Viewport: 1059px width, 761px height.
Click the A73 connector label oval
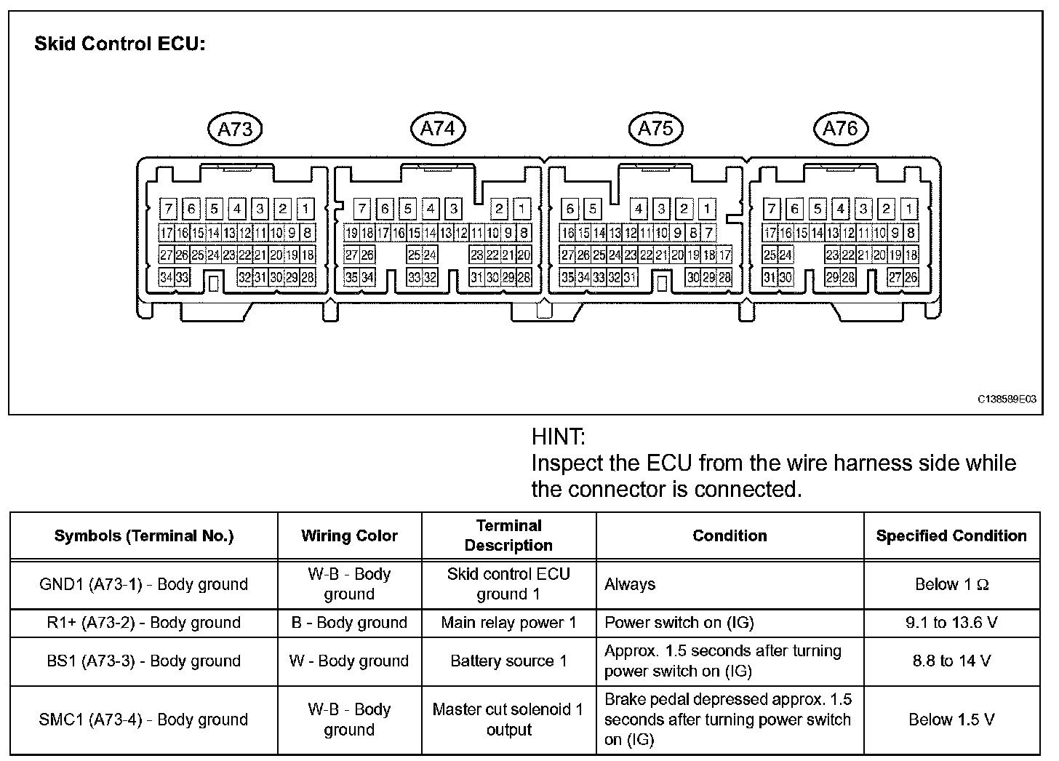234,130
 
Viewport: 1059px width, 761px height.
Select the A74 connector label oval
438,129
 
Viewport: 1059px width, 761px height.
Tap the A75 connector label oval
655,129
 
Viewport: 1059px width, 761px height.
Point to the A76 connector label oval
841,129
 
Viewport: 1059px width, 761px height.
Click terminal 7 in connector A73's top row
168,210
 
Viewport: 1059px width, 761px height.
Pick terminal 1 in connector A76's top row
908,210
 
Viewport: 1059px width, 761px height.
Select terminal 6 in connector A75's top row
570,210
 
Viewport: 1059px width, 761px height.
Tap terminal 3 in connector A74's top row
453,210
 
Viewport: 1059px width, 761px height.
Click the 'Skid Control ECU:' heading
120,44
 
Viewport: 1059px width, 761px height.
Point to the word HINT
558,437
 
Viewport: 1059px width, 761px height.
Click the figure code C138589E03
1007,399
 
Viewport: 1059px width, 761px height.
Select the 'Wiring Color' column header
349,536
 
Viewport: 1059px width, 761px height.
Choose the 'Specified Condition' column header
951,536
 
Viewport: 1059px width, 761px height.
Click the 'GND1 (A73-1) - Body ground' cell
143,584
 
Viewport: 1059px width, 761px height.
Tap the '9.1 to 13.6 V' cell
951,623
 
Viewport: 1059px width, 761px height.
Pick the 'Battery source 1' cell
508,661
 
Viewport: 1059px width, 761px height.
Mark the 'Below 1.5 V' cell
951,720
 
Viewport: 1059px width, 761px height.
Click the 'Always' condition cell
630,584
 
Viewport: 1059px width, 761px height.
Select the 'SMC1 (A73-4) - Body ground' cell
143,720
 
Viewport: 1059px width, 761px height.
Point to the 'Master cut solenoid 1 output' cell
508,720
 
